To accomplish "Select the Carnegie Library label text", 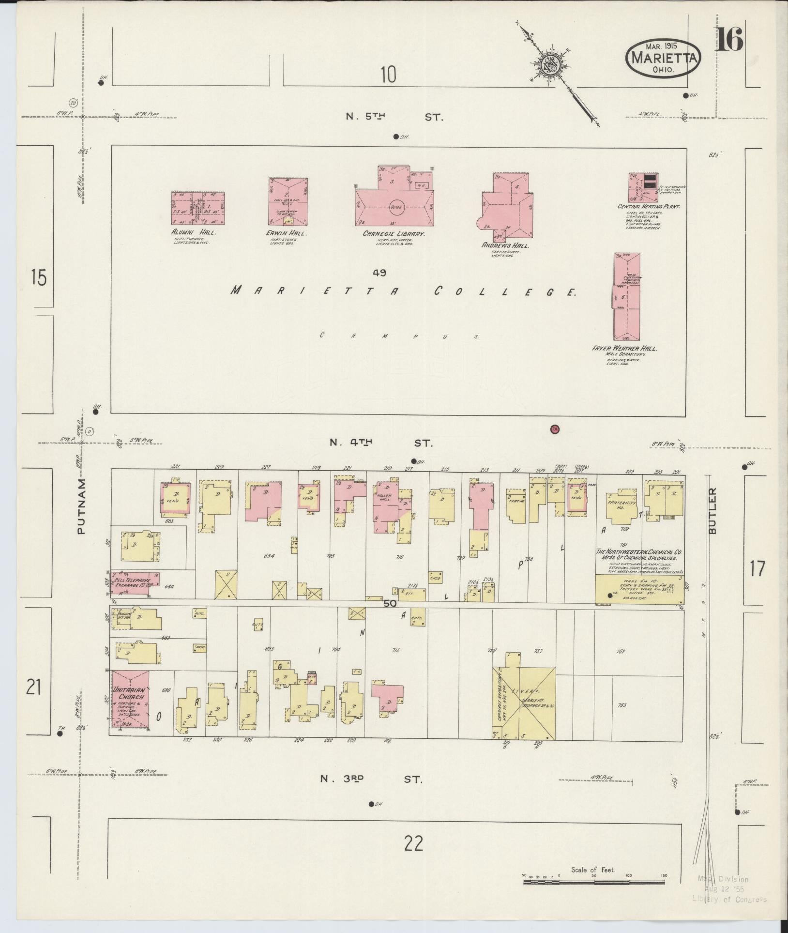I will [x=394, y=233].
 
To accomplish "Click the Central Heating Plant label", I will [x=649, y=206].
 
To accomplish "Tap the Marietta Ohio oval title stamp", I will [x=663, y=58].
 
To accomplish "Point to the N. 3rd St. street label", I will [x=371, y=780].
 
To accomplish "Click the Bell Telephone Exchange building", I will [x=135, y=581].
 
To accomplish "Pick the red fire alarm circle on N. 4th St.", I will [x=555, y=428].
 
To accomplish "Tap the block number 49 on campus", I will [x=379, y=273].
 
